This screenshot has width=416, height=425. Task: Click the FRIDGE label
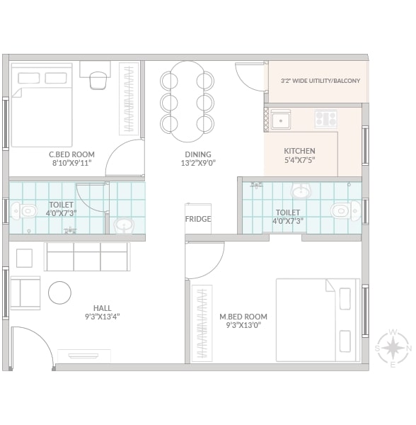click(x=198, y=219)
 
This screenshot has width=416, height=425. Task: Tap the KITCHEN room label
click(x=299, y=151)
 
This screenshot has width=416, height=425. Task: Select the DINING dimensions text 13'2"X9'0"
click(x=198, y=163)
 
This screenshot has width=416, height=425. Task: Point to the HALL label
click(x=103, y=308)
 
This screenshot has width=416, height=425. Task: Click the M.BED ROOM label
click(x=243, y=317)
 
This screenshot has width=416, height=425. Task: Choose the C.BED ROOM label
click(x=71, y=154)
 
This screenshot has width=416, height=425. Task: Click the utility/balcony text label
click(x=320, y=81)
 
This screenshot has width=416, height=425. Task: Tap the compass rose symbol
click(x=393, y=348)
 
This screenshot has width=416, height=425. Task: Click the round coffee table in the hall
click(x=60, y=293)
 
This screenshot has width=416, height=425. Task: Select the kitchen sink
click(x=281, y=120)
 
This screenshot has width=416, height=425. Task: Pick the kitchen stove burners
click(x=326, y=119)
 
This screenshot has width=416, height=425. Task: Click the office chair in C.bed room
click(x=97, y=80)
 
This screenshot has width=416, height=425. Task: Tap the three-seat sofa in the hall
click(x=87, y=256)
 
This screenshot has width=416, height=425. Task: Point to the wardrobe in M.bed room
click(x=202, y=324)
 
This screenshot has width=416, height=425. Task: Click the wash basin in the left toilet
click(x=125, y=226)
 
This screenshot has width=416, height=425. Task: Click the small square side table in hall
click(x=24, y=258)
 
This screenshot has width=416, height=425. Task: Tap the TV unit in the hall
click(x=84, y=356)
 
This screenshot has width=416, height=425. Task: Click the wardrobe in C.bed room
click(x=129, y=98)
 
